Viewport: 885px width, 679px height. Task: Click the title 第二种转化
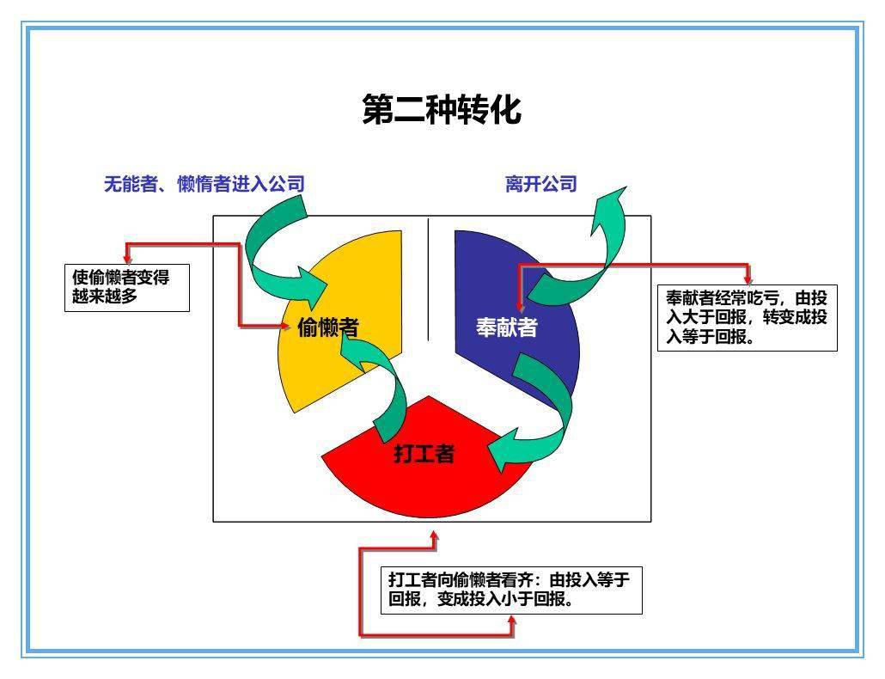[442, 109]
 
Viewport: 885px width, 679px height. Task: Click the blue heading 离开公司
[540, 184]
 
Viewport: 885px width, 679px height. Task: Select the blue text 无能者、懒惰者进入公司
[204, 184]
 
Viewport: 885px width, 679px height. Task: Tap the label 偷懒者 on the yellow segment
[328, 327]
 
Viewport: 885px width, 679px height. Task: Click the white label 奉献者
[506, 327]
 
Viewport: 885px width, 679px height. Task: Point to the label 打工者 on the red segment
[424, 453]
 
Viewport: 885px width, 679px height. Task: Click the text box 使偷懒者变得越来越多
[127, 288]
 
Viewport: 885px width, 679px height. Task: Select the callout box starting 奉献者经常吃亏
[748, 318]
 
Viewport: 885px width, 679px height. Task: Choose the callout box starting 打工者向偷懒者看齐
[511, 590]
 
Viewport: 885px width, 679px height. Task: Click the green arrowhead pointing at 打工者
[504, 450]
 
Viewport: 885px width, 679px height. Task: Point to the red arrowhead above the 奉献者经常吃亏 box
[748, 279]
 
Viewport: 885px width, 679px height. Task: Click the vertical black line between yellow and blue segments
[429, 279]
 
